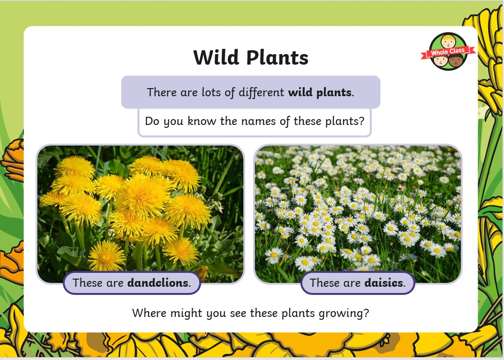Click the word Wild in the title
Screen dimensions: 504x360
(x=217, y=57)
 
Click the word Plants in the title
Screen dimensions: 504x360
(x=277, y=58)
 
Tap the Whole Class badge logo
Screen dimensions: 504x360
(x=448, y=51)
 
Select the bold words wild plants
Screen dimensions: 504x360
(x=320, y=92)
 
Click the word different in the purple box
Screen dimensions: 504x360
(x=261, y=92)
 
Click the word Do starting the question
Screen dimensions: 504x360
(x=152, y=121)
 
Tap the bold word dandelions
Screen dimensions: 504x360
(x=158, y=282)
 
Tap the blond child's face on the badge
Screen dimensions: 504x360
(x=448, y=42)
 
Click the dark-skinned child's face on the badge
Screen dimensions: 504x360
(x=456, y=60)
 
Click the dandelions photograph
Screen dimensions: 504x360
(x=140, y=214)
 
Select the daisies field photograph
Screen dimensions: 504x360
(x=358, y=214)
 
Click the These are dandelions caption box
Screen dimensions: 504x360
(x=132, y=283)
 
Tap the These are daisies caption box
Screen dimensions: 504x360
(x=357, y=283)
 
